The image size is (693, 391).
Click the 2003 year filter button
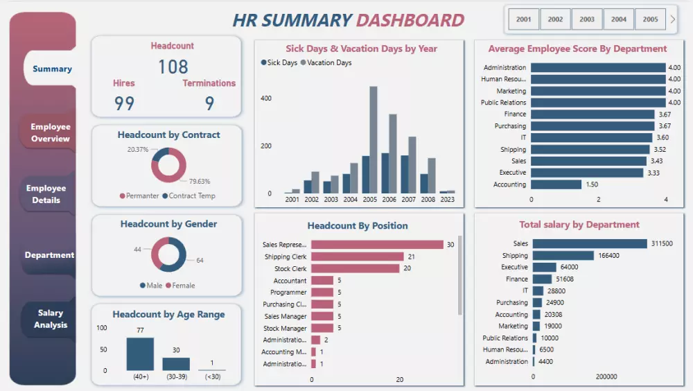(587, 19)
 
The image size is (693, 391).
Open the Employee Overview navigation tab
(50, 132)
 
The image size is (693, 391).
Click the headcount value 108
(173, 67)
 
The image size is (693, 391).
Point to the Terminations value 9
(209, 103)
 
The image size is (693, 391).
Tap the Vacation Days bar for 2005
(374, 139)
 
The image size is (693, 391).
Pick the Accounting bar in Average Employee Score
(556, 184)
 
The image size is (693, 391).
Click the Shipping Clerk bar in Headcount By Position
(357, 257)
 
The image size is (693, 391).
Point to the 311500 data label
(661, 243)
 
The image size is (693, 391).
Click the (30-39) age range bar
(176, 364)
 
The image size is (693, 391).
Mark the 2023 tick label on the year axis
(447, 199)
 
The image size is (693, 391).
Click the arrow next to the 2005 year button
(672, 19)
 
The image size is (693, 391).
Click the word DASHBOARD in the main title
(410, 20)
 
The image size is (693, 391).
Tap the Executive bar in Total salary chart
(545, 267)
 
